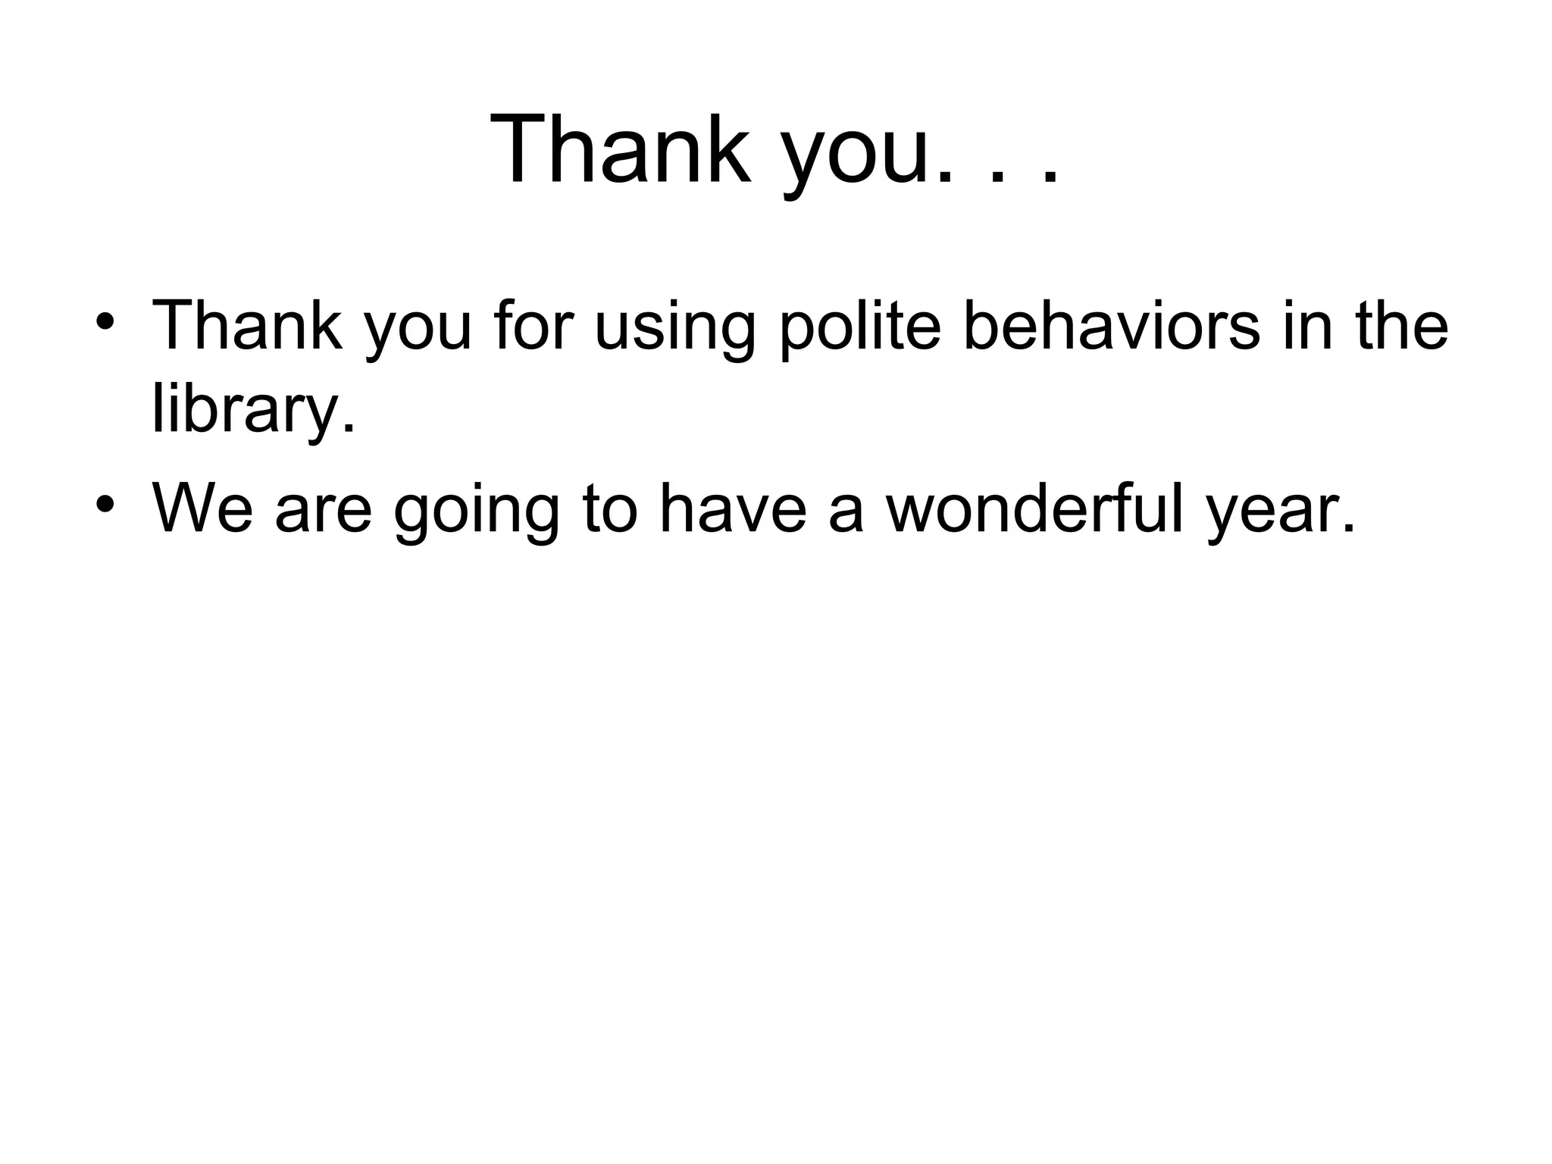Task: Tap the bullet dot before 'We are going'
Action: point(105,504)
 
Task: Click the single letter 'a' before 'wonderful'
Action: point(846,514)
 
